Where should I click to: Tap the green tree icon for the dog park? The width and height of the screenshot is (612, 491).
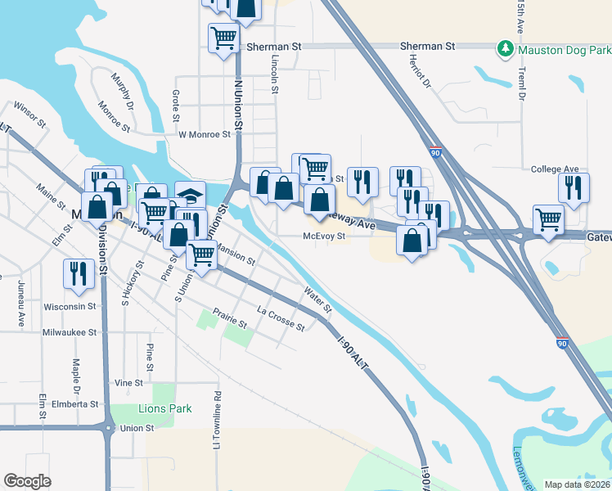506,50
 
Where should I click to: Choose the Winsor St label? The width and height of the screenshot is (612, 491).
29,115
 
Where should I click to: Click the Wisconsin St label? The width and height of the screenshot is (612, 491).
70,307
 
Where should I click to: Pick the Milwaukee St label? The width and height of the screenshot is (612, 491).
70,332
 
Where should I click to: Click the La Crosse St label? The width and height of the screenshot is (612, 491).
280,318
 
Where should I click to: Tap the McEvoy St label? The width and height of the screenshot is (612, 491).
326,236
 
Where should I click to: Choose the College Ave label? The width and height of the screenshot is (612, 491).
554,169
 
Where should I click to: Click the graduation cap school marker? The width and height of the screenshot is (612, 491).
190,195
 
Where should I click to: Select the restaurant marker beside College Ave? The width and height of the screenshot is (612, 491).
574,187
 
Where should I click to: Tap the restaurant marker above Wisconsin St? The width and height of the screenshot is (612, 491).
79,273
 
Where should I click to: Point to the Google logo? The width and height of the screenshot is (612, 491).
27,481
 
